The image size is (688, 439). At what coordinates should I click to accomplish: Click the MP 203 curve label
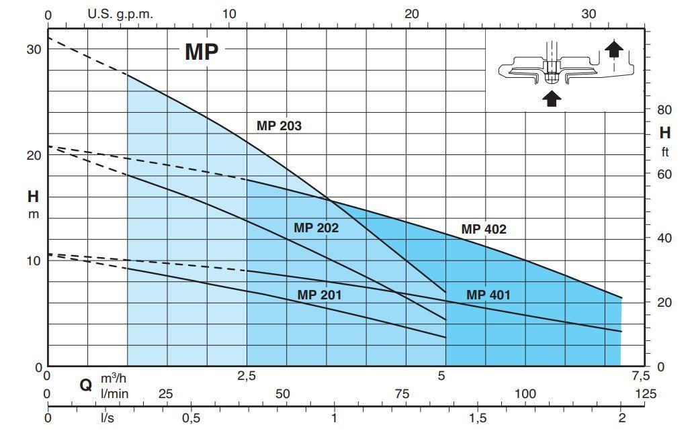279,126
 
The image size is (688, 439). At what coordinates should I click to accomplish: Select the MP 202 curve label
316,228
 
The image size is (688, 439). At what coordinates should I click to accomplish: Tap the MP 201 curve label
320,294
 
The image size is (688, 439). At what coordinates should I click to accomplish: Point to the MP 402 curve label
484,229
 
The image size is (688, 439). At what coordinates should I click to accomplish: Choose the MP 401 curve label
488,294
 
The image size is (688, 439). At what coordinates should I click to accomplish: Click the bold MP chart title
202,52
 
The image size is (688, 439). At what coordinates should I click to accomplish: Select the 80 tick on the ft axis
664,109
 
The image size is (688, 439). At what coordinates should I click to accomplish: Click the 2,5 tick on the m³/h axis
247,376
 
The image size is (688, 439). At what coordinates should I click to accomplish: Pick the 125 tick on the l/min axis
646,393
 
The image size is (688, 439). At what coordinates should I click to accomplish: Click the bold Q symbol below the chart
85,385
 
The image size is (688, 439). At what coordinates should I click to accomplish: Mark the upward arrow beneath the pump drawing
551,99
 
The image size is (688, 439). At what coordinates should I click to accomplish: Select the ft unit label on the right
664,152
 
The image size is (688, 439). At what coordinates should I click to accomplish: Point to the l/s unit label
107,418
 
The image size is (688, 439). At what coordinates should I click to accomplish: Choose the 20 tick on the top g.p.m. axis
412,14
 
